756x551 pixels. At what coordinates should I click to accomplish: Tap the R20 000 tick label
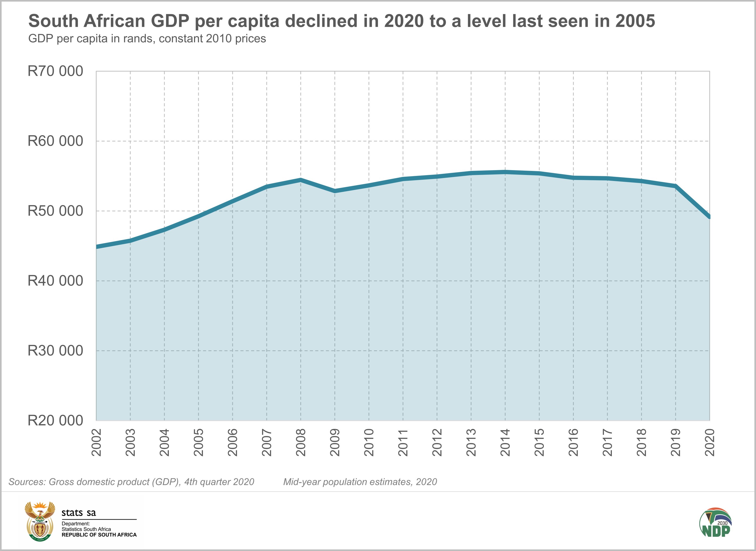tap(55, 421)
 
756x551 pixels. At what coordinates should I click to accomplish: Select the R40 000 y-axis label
tap(55, 281)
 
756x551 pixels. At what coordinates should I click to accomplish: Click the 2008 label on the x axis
tap(301, 442)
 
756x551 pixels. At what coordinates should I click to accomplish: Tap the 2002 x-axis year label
tap(97, 442)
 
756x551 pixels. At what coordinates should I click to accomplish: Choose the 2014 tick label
tap(505, 442)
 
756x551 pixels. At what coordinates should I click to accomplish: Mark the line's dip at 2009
tap(335, 191)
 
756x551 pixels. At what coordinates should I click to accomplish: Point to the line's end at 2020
tap(709, 217)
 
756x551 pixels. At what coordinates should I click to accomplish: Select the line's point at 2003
tap(130, 240)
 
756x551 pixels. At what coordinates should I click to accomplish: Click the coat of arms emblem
tap(40, 521)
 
